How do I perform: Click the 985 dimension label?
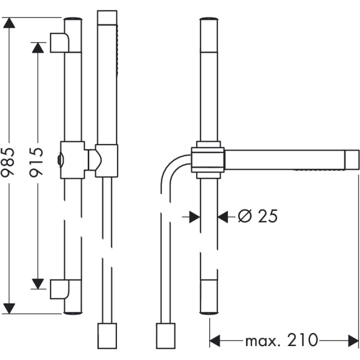click(x=9, y=162)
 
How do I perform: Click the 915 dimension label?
click(x=36, y=162)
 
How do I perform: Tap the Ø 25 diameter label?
click(x=257, y=216)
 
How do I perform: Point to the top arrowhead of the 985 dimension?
click(x=9, y=23)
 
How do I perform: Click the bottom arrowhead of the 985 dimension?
click(x=9, y=308)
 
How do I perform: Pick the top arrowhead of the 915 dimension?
click(x=38, y=48)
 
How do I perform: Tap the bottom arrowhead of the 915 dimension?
click(x=38, y=284)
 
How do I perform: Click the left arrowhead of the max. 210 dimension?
click(x=215, y=341)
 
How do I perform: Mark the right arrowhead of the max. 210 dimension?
click(x=353, y=341)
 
